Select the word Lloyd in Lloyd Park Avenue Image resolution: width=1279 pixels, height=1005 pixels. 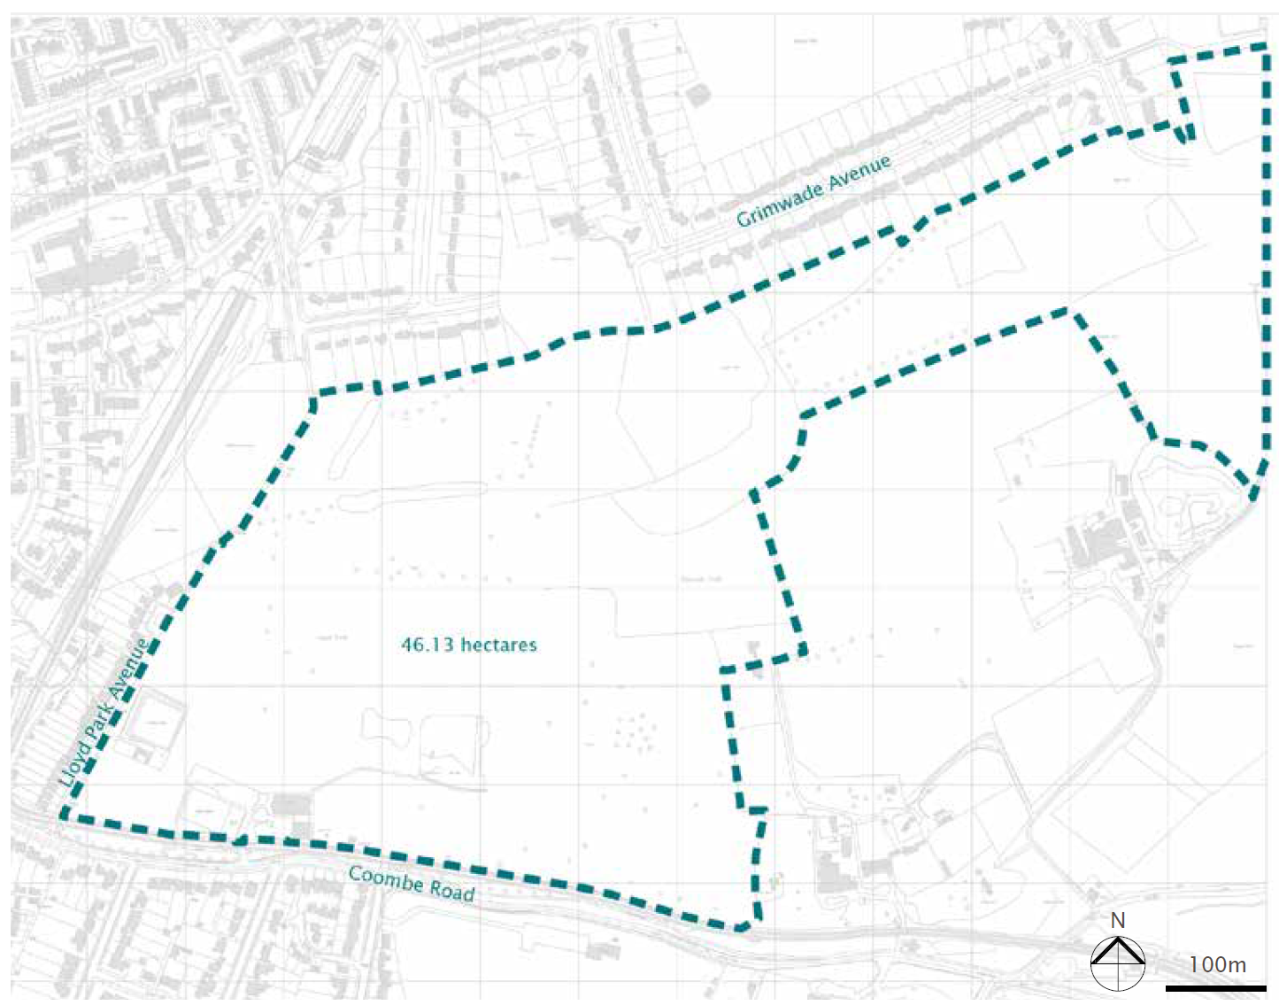(74, 764)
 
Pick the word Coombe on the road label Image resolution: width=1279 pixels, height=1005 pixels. (386, 878)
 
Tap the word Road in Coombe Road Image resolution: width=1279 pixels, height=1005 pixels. (452, 891)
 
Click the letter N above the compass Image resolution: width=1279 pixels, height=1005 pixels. (1118, 921)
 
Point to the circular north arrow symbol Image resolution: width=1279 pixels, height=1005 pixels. (1118, 962)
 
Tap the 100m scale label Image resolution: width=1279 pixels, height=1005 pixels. (1217, 964)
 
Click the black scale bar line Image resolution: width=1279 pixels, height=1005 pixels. (1215, 987)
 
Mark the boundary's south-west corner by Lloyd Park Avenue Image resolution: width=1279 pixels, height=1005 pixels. (63, 816)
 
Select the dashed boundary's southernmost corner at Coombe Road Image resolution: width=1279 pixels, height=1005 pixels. (744, 928)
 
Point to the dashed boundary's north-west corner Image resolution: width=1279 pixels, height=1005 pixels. (316, 391)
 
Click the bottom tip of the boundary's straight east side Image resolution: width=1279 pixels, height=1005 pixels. (1253, 498)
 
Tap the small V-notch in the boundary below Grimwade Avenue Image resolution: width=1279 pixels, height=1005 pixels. (903, 241)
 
